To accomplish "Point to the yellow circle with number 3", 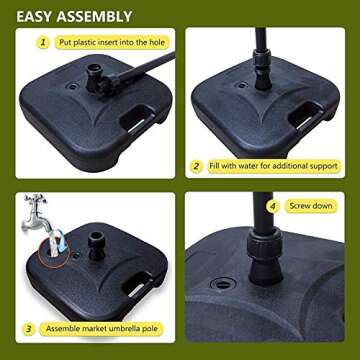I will tap(30, 327).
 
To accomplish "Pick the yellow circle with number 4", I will tap(270, 206).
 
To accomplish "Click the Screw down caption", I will tap(311, 206).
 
